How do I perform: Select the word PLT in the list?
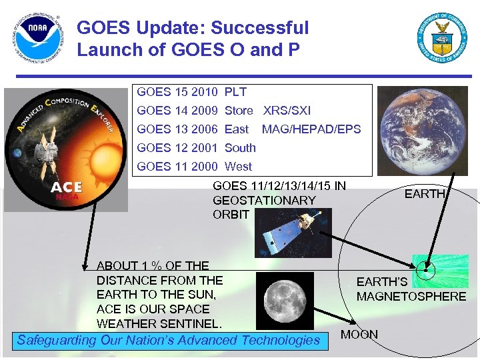pos(235,92)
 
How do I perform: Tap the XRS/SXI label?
pos(287,111)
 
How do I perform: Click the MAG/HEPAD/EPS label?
pos(311,129)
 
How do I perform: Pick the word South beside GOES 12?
pos(240,148)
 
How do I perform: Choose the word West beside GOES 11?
pos(238,167)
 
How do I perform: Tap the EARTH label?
pos(425,194)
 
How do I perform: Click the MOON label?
pos(359,335)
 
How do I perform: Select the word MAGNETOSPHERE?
pos(411,297)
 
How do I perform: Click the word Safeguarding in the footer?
pos(57,341)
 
